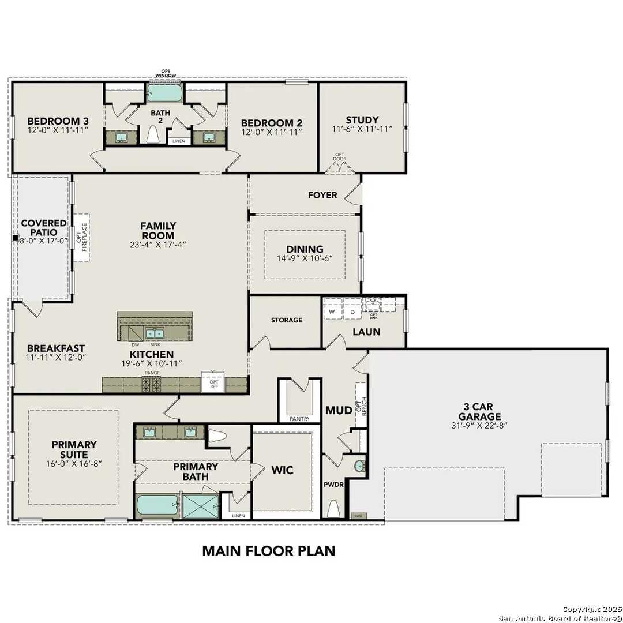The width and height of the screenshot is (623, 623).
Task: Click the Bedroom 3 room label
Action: click(x=58, y=121)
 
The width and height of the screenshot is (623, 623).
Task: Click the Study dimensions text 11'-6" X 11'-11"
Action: click(x=362, y=130)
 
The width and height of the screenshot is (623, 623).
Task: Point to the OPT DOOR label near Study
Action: click(x=340, y=157)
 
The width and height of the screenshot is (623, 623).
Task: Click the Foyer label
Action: click(x=322, y=195)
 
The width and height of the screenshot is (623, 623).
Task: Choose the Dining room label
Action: click(x=305, y=249)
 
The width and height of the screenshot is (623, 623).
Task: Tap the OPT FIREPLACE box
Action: click(x=81, y=237)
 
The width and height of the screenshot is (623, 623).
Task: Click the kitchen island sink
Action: click(x=154, y=333)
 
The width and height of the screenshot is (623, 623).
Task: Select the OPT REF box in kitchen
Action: click(x=213, y=384)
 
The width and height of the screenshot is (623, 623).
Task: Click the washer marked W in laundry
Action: click(x=332, y=312)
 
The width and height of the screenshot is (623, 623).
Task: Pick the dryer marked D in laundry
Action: click(x=351, y=312)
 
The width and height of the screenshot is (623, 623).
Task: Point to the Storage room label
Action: click(x=287, y=320)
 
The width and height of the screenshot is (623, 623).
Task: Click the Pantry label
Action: click(x=299, y=419)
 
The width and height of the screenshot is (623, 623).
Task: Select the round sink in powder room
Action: click(x=359, y=465)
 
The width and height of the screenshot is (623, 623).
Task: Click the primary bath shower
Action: click(x=199, y=506)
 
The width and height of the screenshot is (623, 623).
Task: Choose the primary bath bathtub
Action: click(x=157, y=506)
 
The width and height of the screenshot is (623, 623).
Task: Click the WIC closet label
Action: click(x=282, y=470)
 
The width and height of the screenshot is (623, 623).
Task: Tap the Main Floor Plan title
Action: click(x=268, y=550)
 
